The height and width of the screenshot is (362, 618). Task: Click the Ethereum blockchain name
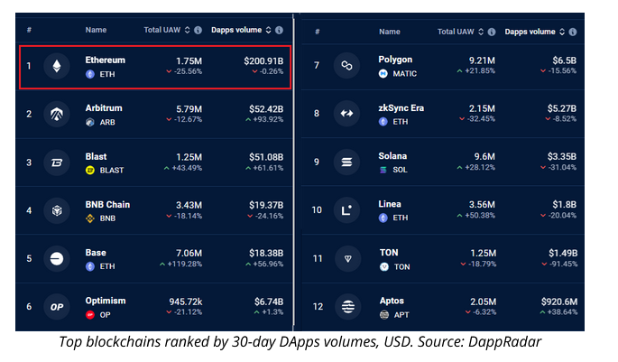point(105,60)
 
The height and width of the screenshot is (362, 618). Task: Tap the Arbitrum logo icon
point(58,115)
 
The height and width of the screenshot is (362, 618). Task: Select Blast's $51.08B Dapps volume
point(266,156)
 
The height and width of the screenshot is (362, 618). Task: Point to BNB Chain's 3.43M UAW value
point(188,205)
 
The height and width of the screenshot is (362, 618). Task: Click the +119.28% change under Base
point(184,265)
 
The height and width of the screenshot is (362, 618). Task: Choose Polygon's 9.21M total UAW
point(482,60)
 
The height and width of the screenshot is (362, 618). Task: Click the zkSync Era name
point(401,108)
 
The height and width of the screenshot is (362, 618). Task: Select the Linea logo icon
point(345,210)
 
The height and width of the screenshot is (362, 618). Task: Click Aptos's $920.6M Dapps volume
point(552,301)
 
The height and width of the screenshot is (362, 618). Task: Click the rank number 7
point(316,66)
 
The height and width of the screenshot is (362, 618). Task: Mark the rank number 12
point(317,307)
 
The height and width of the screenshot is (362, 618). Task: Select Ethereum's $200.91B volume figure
point(264,60)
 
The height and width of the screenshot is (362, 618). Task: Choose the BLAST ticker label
point(111,170)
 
